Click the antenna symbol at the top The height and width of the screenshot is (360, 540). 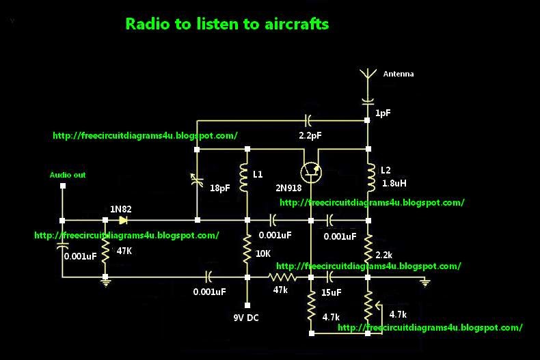pos(367,75)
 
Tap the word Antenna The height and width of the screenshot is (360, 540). pos(398,74)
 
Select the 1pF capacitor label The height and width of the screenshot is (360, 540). pos(383,113)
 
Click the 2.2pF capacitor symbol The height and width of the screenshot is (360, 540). pos(310,121)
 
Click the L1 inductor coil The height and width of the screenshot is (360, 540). pos(246,177)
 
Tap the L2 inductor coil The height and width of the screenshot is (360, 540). pos(368,177)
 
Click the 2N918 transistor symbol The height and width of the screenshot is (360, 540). pos(311,171)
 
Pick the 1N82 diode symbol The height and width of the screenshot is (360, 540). pos(123,220)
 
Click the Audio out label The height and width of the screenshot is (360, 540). pos(68,175)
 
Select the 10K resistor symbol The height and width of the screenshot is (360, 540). pos(246,251)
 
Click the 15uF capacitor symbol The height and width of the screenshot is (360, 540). pos(330,277)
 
